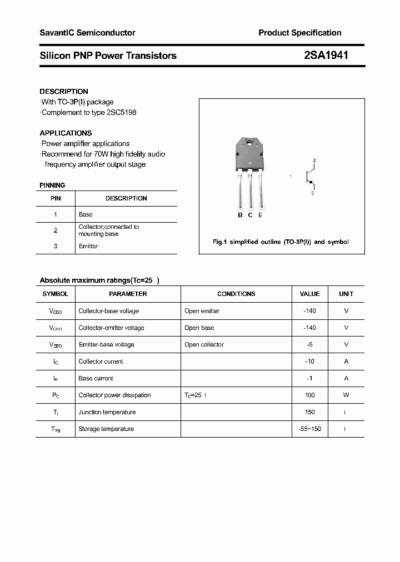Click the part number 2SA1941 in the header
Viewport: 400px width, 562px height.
[x=326, y=55]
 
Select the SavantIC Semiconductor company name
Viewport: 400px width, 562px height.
[x=87, y=33]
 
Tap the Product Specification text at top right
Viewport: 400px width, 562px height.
[x=299, y=33]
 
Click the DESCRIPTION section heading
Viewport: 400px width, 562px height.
[x=64, y=91]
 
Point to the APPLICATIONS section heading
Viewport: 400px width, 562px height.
[x=66, y=133]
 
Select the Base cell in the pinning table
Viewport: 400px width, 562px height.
[x=86, y=214]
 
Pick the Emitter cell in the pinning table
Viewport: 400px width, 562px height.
[x=88, y=246]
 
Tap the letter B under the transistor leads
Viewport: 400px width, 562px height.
[x=240, y=215]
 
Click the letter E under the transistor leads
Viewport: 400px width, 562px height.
[x=260, y=215]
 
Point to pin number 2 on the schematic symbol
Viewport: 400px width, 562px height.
[x=314, y=160]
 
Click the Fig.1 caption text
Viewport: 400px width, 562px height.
[x=281, y=242]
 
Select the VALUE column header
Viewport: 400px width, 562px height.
[x=309, y=294]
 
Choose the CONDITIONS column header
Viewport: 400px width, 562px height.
[x=236, y=294]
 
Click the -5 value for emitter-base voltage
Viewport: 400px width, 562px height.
[x=309, y=344]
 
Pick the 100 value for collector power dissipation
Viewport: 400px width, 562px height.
[x=309, y=395]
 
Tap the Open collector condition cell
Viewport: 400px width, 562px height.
[x=204, y=344]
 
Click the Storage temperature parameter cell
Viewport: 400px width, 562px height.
[x=106, y=429]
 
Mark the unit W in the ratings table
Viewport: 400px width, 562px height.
[x=346, y=395]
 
